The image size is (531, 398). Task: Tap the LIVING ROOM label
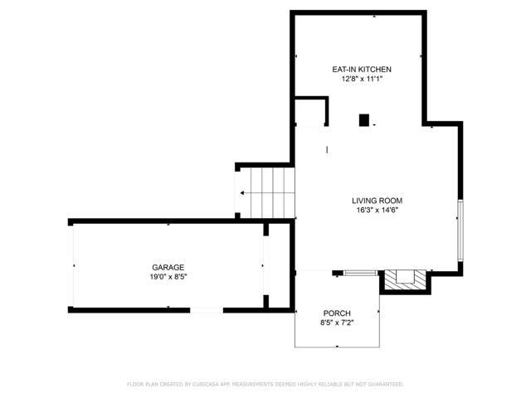coord(377,200)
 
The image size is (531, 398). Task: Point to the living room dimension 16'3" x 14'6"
coord(377,210)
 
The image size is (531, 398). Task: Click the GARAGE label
coord(168,267)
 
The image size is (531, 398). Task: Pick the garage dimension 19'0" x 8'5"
coord(168,277)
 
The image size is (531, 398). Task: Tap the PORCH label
coord(338,313)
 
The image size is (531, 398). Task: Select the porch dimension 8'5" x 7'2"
coord(338,323)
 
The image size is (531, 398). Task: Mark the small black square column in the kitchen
coord(363,120)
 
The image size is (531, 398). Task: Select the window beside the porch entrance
coord(360,272)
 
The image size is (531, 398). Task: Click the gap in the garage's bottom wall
coord(207,310)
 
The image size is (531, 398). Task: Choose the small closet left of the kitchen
coord(311,111)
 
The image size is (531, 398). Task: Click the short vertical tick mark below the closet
coord(327,149)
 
